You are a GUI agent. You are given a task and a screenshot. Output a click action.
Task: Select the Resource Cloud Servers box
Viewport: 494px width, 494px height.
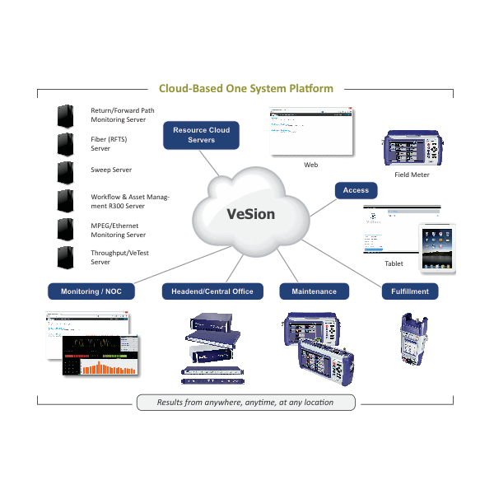[x=202, y=135]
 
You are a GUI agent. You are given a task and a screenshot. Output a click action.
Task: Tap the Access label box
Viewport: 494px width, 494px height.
[x=356, y=190]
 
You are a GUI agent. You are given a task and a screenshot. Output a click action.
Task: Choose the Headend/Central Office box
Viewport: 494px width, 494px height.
[x=212, y=291]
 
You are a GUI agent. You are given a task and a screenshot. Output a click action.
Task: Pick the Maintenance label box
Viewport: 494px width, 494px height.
[x=314, y=291]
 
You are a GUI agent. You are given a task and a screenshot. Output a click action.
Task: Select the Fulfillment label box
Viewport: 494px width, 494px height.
[x=409, y=291]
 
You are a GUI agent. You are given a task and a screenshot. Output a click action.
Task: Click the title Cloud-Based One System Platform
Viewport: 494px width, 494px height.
[x=246, y=88]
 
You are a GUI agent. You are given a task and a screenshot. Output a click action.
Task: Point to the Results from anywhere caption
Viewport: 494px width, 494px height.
[x=245, y=403]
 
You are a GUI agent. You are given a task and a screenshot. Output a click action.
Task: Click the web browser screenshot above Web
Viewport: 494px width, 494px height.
[x=310, y=131]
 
